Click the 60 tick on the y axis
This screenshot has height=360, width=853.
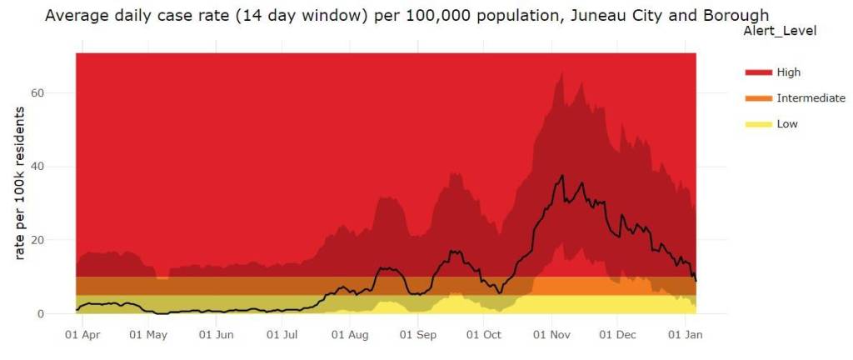(60, 92)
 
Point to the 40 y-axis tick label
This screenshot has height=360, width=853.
(60, 167)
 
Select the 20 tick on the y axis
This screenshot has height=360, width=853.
(60, 240)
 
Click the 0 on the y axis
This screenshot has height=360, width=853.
(63, 314)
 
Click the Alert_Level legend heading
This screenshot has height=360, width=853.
(778, 31)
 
